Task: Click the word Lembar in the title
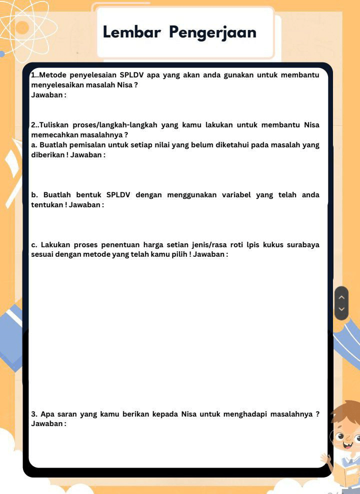click(131, 32)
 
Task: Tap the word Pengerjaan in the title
click(212, 33)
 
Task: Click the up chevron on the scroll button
click(341, 297)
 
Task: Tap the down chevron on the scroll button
click(341, 309)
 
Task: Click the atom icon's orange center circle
click(22, 27)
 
